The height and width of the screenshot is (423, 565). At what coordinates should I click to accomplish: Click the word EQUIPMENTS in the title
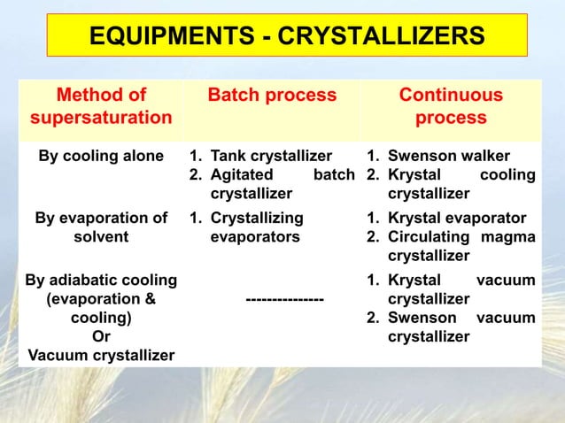[x=167, y=37]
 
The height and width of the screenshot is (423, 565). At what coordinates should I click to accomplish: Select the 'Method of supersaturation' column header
[x=101, y=106]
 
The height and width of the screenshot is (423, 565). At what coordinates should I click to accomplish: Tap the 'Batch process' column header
[x=272, y=96]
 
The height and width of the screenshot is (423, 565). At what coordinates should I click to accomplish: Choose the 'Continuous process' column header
[x=451, y=106]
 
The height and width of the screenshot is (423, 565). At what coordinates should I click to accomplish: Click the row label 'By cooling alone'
[x=101, y=157]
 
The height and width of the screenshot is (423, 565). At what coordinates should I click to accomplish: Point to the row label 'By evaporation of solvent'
[x=101, y=227]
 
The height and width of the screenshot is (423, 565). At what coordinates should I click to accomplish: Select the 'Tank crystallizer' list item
[x=271, y=157]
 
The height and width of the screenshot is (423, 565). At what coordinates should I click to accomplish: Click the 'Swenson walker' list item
[x=449, y=157]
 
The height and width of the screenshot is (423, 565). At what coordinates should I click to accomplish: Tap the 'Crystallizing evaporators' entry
[x=257, y=227]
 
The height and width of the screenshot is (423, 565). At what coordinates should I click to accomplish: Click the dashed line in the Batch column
[x=284, y=300]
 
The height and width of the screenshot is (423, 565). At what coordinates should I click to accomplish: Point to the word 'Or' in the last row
[x=101, y=336]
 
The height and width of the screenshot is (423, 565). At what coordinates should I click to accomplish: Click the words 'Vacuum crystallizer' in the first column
[x=101, y=356]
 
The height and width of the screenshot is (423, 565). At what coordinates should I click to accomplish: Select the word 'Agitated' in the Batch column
[x=242, y=175]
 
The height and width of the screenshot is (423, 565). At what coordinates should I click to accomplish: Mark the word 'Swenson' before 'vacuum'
[x=422, y=318]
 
